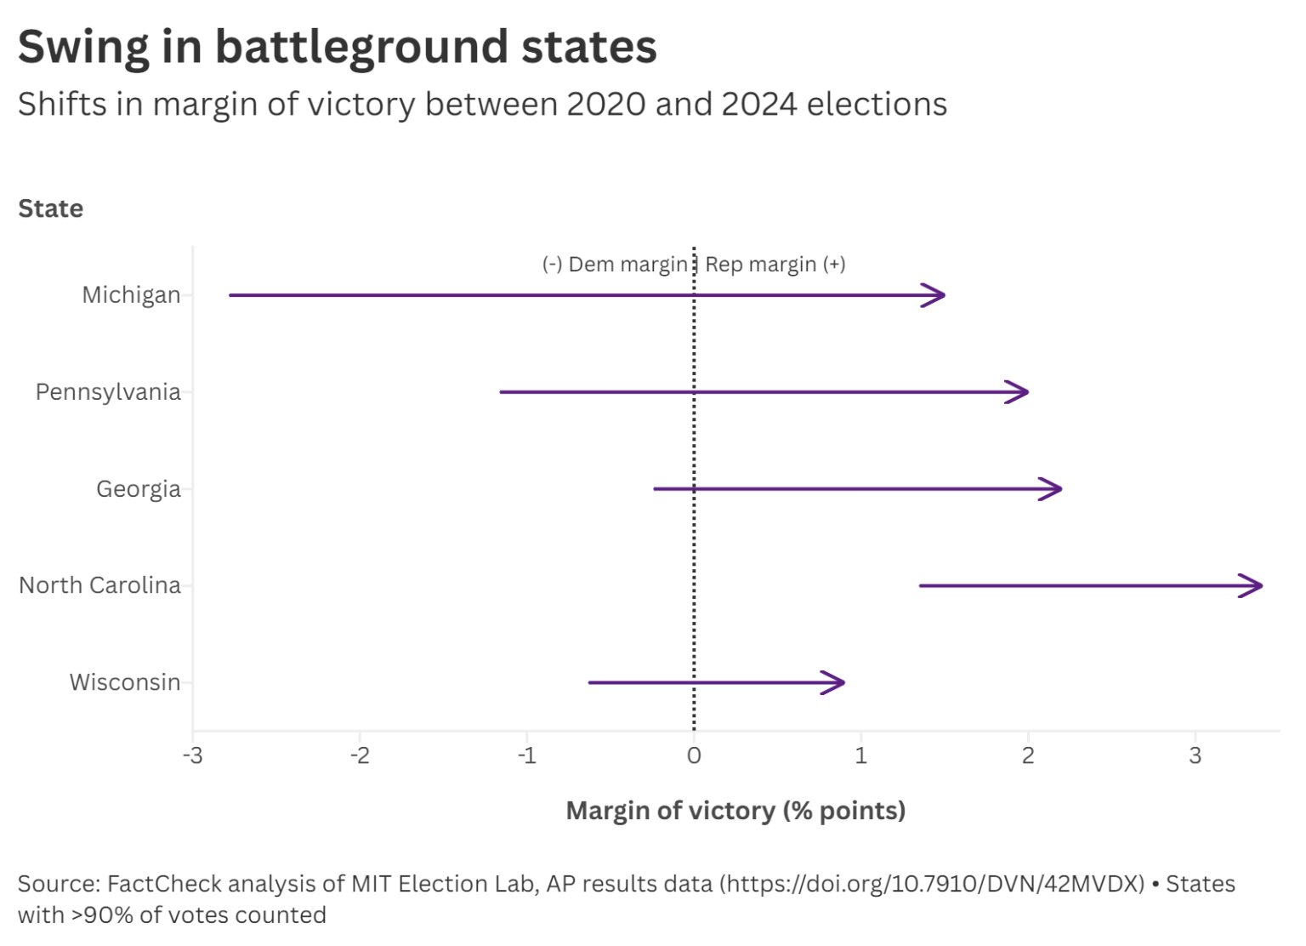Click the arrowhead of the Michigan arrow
(x=940, y=295)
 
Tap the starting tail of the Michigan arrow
(x=231, y=295)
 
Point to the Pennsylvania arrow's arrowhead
(x=1024, y=392)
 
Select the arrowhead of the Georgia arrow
(x=1057, y=489)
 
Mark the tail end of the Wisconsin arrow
(x=591, y=682)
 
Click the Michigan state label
(x=131, y=295)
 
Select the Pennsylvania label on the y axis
(x=108, y=392)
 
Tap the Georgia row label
(x=138, y=489)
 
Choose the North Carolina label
(x=99, y=585)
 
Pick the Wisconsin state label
(x=124, y=682)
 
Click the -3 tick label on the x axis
(x=193, y=755)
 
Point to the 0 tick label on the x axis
(x=694, y=755)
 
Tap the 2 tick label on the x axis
(x=1028, y=755)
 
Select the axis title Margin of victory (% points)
(x=735, y=811)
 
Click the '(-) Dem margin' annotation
(x=615, y=265)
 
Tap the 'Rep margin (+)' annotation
(x=775, y=265)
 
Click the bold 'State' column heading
(x=51, y=208)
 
